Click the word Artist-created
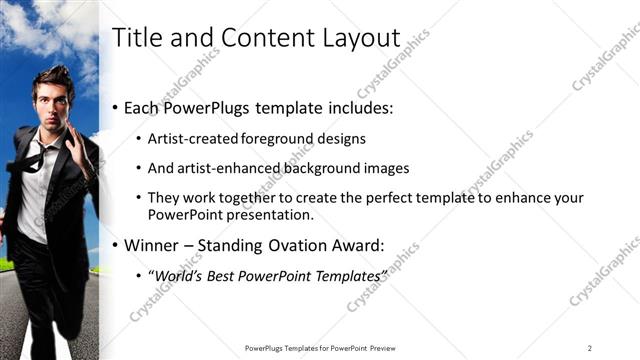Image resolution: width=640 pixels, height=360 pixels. [188, 139]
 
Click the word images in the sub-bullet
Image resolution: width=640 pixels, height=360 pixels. [383, 168]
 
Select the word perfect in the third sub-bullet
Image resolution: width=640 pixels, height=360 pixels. [363, 198]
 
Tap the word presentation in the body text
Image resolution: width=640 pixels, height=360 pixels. [271, 214]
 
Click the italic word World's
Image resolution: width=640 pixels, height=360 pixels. [174, 274]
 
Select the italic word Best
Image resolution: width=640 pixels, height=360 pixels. [216, 274]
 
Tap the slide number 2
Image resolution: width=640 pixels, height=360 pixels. [590, 347]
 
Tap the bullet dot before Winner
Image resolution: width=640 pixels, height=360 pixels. [116, 245]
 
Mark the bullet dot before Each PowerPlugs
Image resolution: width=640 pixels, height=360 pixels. [116, 108]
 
